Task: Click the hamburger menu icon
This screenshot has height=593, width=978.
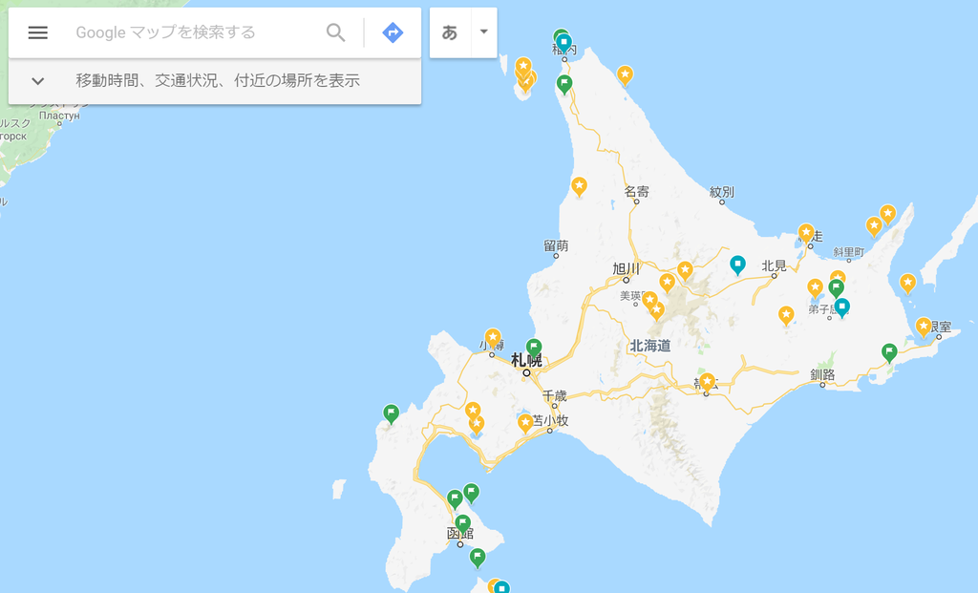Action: click(37, 32)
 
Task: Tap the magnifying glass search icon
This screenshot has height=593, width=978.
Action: click(336, 32)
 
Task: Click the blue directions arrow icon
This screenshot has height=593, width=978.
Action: click(393, 32)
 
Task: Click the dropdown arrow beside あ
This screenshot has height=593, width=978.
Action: click(483, 32)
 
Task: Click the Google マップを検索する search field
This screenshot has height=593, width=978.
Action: click(191, 32)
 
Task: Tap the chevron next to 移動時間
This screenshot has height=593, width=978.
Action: click(37, 81)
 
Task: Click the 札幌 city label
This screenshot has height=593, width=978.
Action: click(526, 360)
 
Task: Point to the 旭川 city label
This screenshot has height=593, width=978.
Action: click(626, 268)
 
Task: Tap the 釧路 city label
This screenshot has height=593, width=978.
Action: click(822, 374)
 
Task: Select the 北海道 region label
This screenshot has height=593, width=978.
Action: click(650, 345)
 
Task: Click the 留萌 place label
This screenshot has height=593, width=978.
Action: click(556, 245)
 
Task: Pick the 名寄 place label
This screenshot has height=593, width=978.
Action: click(637, 191)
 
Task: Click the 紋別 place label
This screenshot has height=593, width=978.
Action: click(722, 192)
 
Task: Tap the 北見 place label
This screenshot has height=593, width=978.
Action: click(774, 265)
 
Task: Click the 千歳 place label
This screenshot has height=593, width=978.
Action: click(555, 394)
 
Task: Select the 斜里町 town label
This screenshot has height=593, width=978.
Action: click(848, 252)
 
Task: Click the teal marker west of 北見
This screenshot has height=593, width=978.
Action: click(737, 264)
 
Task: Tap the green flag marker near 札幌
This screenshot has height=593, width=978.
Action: click(534, 347)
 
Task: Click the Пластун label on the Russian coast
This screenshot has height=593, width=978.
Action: click(59, 116)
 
